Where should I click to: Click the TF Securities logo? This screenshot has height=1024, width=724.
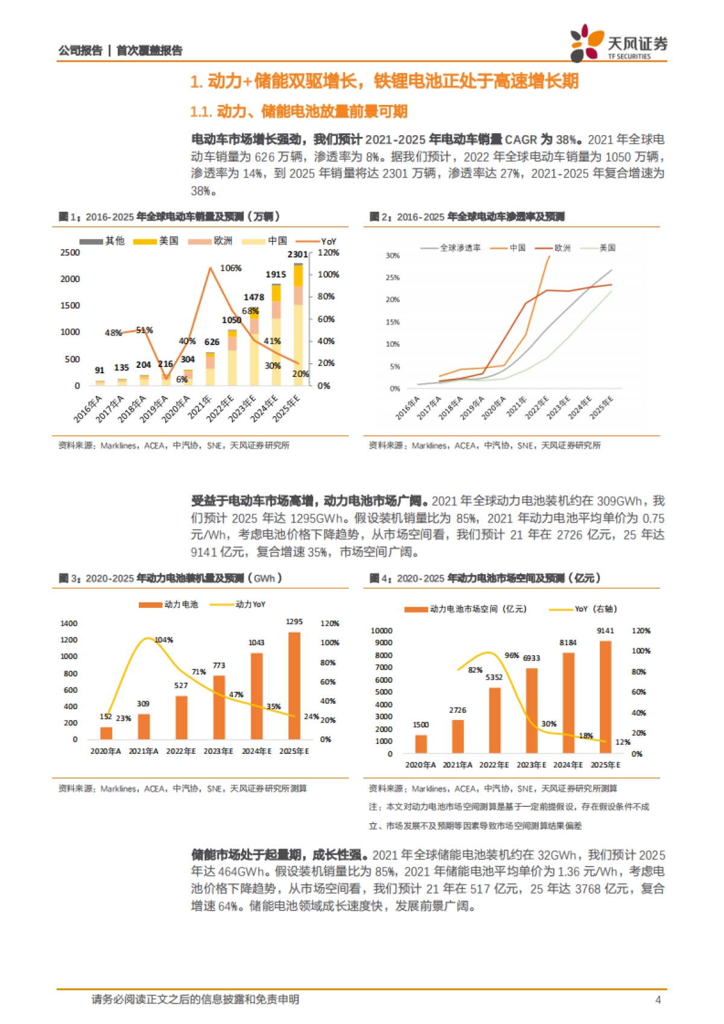[618, 43]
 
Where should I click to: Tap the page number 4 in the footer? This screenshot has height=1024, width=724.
[658, 999]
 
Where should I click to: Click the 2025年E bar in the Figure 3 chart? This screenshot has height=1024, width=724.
[294, 686]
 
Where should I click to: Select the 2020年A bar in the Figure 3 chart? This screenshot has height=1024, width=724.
[106, 733]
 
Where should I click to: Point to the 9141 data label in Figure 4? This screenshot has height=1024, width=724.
[605, 631]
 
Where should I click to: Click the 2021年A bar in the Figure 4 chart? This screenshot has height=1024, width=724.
[458, 736]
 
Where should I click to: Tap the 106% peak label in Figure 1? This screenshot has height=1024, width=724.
[230, 268]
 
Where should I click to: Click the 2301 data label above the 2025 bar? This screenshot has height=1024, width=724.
[297, 254]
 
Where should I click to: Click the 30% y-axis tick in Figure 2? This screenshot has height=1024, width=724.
[393, 256]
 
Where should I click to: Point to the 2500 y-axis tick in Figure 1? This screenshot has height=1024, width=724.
[70, 253]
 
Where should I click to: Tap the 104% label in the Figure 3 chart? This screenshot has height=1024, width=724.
[164, 640]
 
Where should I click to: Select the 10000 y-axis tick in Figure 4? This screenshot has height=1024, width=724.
[381, 631]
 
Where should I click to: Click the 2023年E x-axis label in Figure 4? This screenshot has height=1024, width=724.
[532, 765]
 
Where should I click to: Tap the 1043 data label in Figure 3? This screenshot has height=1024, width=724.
[256, 643]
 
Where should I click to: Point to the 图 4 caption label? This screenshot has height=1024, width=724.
[381, 578]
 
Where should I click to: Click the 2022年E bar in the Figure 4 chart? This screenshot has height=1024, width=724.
[495, 720]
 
